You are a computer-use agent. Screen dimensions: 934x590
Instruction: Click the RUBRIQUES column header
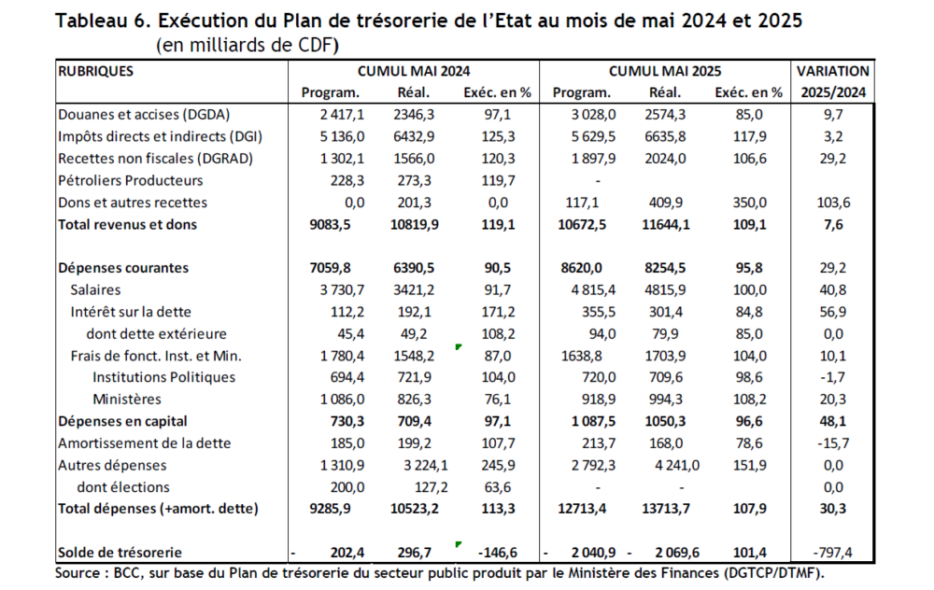pyautogui.click(x=95, y=72)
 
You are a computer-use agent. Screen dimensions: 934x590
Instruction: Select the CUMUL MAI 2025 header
pyautogui.click(x=665, y=72)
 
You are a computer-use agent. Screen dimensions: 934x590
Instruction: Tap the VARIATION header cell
pyautogui.click(x=833, y=72)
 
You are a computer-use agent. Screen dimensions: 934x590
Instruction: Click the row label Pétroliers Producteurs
pyautogui.click(x=131, y=180)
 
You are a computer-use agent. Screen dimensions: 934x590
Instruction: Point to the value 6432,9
pyautogui.click(x=414, y=137)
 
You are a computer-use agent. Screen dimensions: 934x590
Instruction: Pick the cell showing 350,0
pyautogui.click(x=749, y=203)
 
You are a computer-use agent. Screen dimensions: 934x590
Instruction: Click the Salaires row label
pyautogui.click(x=95, y=290)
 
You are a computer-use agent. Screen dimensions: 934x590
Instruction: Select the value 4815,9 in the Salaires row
pyautogui.click(x=665, y=290)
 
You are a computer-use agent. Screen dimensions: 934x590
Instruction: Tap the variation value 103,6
pyautogui.click(x=833, y=203)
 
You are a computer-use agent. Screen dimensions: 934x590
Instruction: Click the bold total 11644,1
pyautogui.click(x=665, y=224)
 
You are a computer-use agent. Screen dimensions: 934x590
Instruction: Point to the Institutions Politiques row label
pyautogui.click(x=163, y=377)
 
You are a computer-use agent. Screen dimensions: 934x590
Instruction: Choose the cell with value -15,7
pyautogui.click(x=833, y=443)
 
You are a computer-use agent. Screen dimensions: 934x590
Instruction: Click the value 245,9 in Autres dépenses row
pyautogui.click(x=498, y=465)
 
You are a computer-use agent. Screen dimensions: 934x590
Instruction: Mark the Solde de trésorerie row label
pyautogui.click(x=120, y=553)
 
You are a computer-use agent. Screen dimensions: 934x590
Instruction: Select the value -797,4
pyautogui.click(x=832, y=553)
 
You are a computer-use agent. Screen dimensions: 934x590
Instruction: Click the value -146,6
pyautogui.click(x=498, y=553)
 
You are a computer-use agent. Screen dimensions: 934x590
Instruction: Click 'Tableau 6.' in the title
pyautogui.click(x=104, y=21)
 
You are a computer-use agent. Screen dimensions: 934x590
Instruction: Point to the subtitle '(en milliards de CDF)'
pyautogui.click(x=248, y=45)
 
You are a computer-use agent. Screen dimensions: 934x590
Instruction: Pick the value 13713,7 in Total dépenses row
pyautogui.click(x=665, y=509)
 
